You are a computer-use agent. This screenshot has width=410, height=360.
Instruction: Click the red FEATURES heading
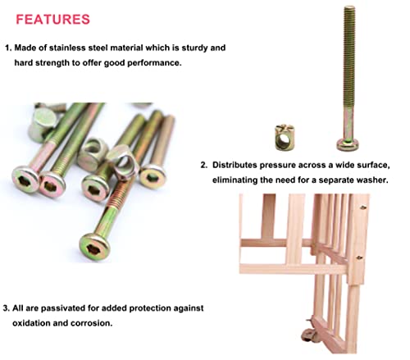click(52, 20)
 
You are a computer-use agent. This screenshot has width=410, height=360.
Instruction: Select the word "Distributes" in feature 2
click(235, 165)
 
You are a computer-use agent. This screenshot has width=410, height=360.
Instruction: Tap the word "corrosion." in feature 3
click(92, 323)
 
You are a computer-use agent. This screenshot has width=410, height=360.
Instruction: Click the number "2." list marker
click(204, 165)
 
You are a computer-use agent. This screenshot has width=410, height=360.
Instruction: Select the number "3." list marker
click(7, 308)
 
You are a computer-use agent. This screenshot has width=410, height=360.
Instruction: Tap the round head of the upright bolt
click(348, 144)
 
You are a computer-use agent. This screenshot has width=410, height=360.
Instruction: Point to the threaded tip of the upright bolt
click(349, 8)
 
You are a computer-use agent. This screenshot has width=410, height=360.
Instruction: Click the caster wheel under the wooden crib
click(307, 335)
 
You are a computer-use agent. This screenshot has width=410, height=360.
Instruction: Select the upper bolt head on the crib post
click(363, 207)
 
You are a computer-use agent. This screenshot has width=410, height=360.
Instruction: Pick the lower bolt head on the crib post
click(359, 257)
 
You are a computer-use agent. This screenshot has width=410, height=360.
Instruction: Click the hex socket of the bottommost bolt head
click(92, 249)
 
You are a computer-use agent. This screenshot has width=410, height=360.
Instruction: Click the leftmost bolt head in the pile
click(25, 179)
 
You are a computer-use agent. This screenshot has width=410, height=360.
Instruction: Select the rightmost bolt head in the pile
click(153, 177)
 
